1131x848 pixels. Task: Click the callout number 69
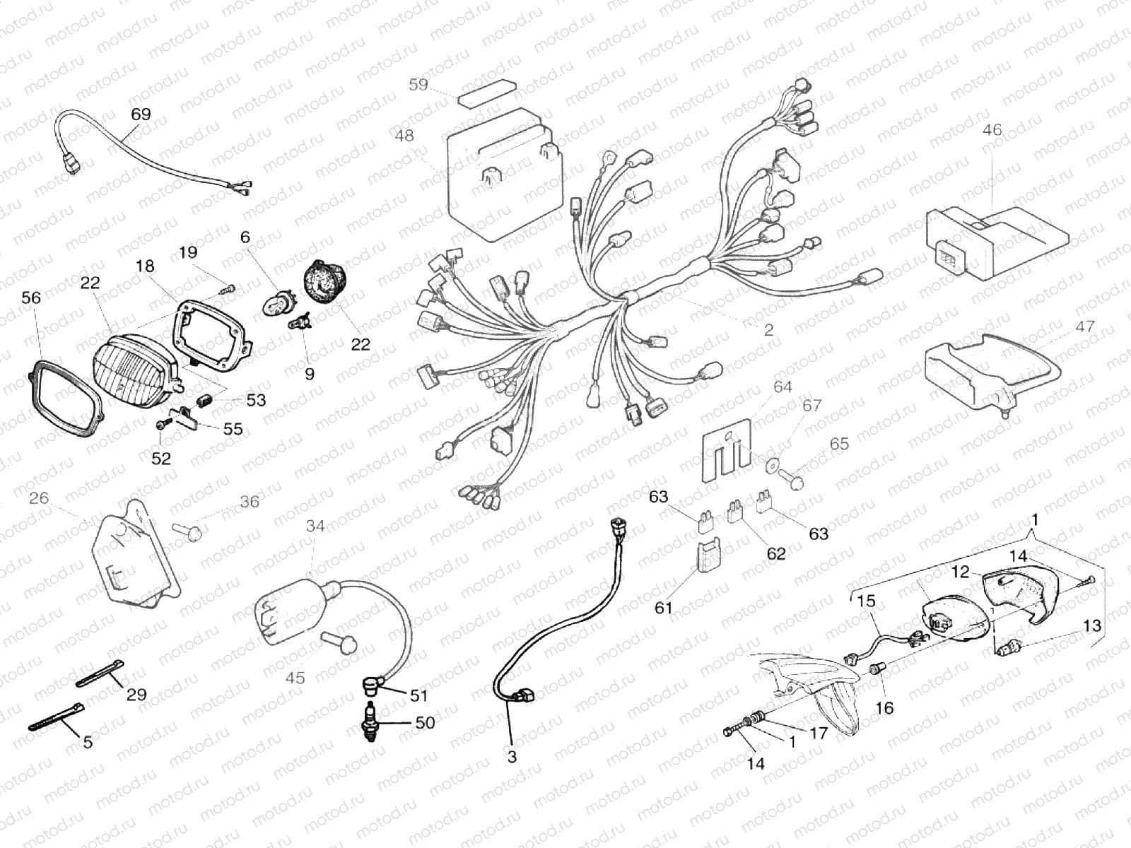click(141, 114)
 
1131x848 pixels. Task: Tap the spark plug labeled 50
click(369, 723)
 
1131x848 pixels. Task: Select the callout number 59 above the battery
click(418, 85)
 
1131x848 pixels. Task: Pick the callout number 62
click(775, 553)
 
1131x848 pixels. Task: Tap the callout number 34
click(315, 526)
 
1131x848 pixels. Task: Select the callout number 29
click(136, 694)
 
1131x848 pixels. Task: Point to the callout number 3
click(512, 757)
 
